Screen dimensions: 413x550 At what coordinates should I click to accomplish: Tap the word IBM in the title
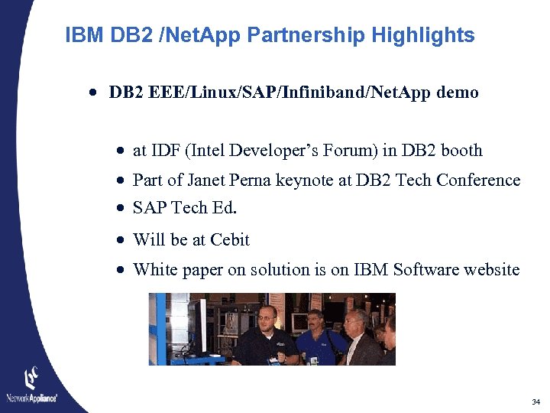point(83,35)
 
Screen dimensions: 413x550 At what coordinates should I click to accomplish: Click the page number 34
point(535,402)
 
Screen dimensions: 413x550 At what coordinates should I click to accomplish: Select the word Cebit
point(231,240)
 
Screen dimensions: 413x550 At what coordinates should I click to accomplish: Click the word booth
point(462,151)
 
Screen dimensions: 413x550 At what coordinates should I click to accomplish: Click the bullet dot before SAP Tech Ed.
point(121,209)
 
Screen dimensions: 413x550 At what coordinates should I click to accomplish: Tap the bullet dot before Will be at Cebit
point(121,240)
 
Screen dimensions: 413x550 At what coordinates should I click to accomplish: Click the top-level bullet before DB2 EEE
point(92,93)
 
